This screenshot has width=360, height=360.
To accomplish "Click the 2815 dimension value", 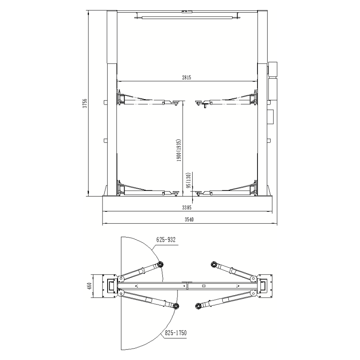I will click(x=187, y=77).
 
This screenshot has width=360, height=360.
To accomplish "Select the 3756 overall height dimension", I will click(x=85, y=104).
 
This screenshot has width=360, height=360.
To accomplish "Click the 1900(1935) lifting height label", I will click(x=179, y=150).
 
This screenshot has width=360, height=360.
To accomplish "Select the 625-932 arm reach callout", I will click(x=166, y=239).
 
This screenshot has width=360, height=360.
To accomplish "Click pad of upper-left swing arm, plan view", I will click(x=160, y=265).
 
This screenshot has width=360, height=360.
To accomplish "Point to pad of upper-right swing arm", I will click(x=213, y=265).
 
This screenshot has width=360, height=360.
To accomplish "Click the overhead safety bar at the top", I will click(x=186, y=17).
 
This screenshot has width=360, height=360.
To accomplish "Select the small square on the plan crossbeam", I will click(x=203, y=286).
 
